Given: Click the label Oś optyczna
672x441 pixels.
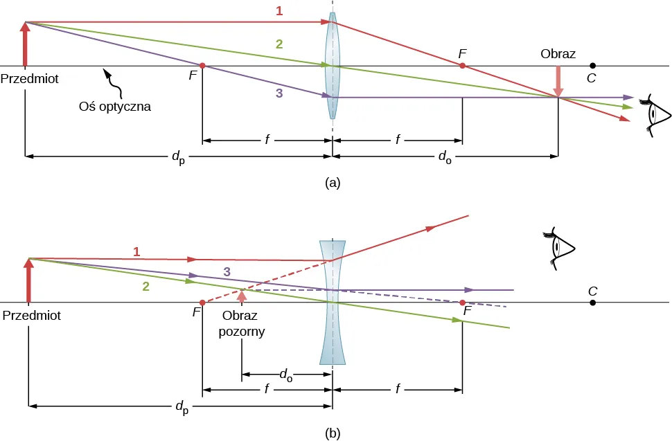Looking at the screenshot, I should [116, 107].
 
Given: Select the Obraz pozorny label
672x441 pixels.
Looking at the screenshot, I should [242, 323].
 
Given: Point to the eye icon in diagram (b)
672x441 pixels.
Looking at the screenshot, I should [562, 246].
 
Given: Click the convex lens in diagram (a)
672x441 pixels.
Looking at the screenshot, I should [333, 66].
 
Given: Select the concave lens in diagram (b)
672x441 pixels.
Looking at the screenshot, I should [333, 303].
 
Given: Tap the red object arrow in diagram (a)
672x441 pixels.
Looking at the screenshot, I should [26, 44].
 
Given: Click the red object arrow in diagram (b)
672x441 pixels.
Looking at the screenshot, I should [28, 280].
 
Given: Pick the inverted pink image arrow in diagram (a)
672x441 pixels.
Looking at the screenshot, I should [559, 82].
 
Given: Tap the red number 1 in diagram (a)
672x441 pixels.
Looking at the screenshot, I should [279, 11].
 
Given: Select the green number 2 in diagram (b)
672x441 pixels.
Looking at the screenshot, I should [146, 285].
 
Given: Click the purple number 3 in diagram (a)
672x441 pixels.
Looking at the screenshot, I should [279, 95].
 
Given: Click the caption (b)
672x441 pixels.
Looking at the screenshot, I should [333, 433].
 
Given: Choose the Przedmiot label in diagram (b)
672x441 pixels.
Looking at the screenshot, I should [32, 316].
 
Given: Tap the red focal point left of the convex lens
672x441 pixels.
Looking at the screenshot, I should [202, 66].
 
